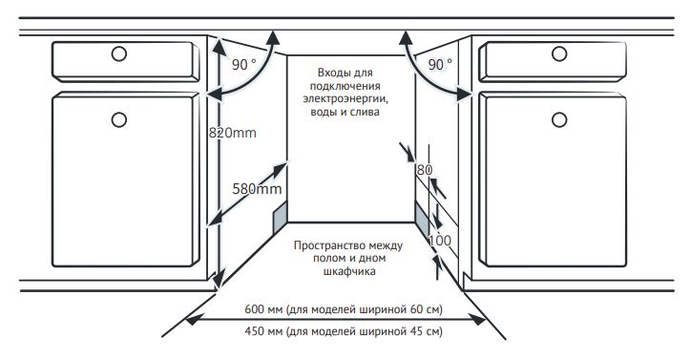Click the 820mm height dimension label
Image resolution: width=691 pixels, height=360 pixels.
232,133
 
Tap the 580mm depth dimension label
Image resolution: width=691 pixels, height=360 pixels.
257,189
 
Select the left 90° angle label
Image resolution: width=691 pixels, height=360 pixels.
243,65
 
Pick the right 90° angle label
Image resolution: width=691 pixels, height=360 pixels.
440,65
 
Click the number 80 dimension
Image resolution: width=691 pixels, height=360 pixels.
425,170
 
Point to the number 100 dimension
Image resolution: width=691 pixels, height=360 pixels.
440,241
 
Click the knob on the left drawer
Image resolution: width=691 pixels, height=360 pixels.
119,53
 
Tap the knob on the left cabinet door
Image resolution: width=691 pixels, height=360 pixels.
119,119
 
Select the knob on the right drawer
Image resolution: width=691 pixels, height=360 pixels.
559,53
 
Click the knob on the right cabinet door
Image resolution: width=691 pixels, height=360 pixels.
559,119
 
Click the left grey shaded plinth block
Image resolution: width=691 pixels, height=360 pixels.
281,218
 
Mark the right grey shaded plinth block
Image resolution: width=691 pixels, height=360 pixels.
422,219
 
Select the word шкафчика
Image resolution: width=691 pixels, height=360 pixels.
349,271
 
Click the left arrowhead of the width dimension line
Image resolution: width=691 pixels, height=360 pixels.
194,319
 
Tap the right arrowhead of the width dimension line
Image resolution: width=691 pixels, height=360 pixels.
477,319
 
